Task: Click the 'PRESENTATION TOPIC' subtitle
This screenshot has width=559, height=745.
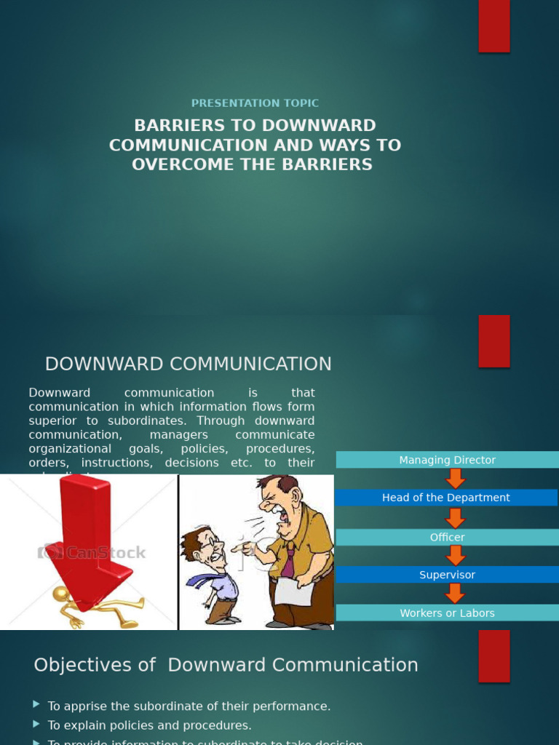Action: click(255, 103)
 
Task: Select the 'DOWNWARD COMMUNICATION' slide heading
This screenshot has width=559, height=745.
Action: click(188, 364)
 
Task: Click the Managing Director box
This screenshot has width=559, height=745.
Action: click(447, 460)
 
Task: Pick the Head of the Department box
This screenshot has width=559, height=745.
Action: click(445, 498)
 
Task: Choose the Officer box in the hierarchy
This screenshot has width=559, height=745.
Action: click(447, 537)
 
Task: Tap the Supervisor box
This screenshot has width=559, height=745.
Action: click(447, 575)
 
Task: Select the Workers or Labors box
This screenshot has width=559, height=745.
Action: click(447, 613)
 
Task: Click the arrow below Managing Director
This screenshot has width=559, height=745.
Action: click(456, 479)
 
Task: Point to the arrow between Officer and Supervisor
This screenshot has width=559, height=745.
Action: click(456, 556)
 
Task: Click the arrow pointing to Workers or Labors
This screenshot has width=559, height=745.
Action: click(456, 594)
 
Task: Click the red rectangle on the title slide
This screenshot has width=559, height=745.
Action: click(493, 26)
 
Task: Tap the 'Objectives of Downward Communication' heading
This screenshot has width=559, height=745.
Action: click(226, 665)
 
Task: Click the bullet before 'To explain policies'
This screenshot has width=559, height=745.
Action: click(36, 725)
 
